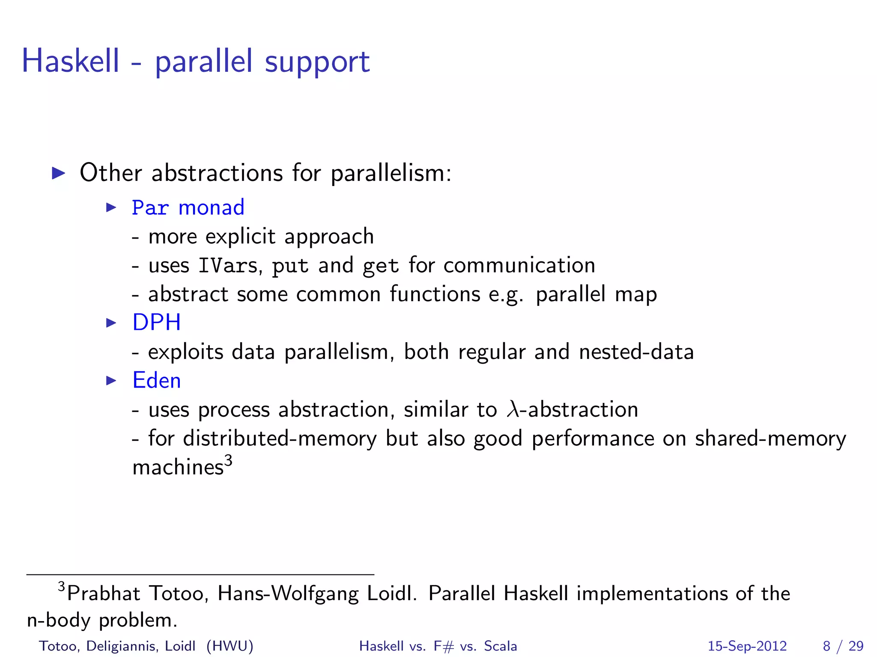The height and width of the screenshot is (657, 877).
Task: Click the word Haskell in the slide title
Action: tap(71, 61)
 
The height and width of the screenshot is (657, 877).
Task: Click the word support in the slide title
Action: tap(317, 62)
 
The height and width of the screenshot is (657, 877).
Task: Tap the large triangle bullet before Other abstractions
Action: tap(58, 173)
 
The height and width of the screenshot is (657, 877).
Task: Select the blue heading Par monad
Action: tap(188, 208)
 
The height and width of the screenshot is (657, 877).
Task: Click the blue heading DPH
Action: tap(156, 322)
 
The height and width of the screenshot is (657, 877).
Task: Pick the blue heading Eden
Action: tap(156, 380)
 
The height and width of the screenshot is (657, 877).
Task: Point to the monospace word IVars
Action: tap(228, 266)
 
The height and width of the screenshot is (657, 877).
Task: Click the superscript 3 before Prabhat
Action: tap(62, 586)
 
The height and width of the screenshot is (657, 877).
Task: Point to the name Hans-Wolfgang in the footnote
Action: tap(288, 594)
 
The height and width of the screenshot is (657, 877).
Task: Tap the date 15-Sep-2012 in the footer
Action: tap(747, 646)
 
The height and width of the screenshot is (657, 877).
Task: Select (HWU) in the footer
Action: tap(230, 646)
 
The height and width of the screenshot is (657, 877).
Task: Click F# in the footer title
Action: tap(443, 646)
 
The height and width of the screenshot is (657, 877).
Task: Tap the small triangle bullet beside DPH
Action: tap(111, 323)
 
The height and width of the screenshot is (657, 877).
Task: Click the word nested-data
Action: tap(636, 352)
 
